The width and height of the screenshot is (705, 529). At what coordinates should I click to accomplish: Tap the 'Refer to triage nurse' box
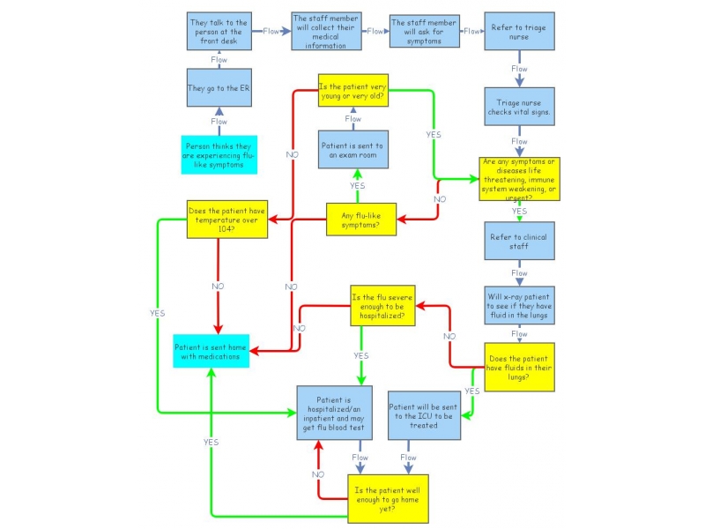[519, 32]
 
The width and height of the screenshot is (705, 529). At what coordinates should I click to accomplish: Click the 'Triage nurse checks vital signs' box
[519, 109]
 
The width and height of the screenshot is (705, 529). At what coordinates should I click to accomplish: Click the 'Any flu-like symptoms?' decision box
[360, 220]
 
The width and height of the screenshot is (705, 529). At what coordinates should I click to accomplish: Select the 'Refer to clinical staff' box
[519, 240]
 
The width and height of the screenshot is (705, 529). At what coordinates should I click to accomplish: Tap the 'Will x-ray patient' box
[519, 304]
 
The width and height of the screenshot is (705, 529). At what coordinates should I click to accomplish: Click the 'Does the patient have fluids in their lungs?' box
[519, 366]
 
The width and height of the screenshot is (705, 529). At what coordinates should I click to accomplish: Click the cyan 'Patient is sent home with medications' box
[212, 351]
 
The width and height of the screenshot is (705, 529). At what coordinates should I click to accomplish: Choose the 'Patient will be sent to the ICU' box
[425, 415]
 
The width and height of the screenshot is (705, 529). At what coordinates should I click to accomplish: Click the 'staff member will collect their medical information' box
[328, 31]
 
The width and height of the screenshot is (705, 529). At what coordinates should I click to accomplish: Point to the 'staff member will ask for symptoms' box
[425, 31]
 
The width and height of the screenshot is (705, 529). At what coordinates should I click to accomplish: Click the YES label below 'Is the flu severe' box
[361, 355]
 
